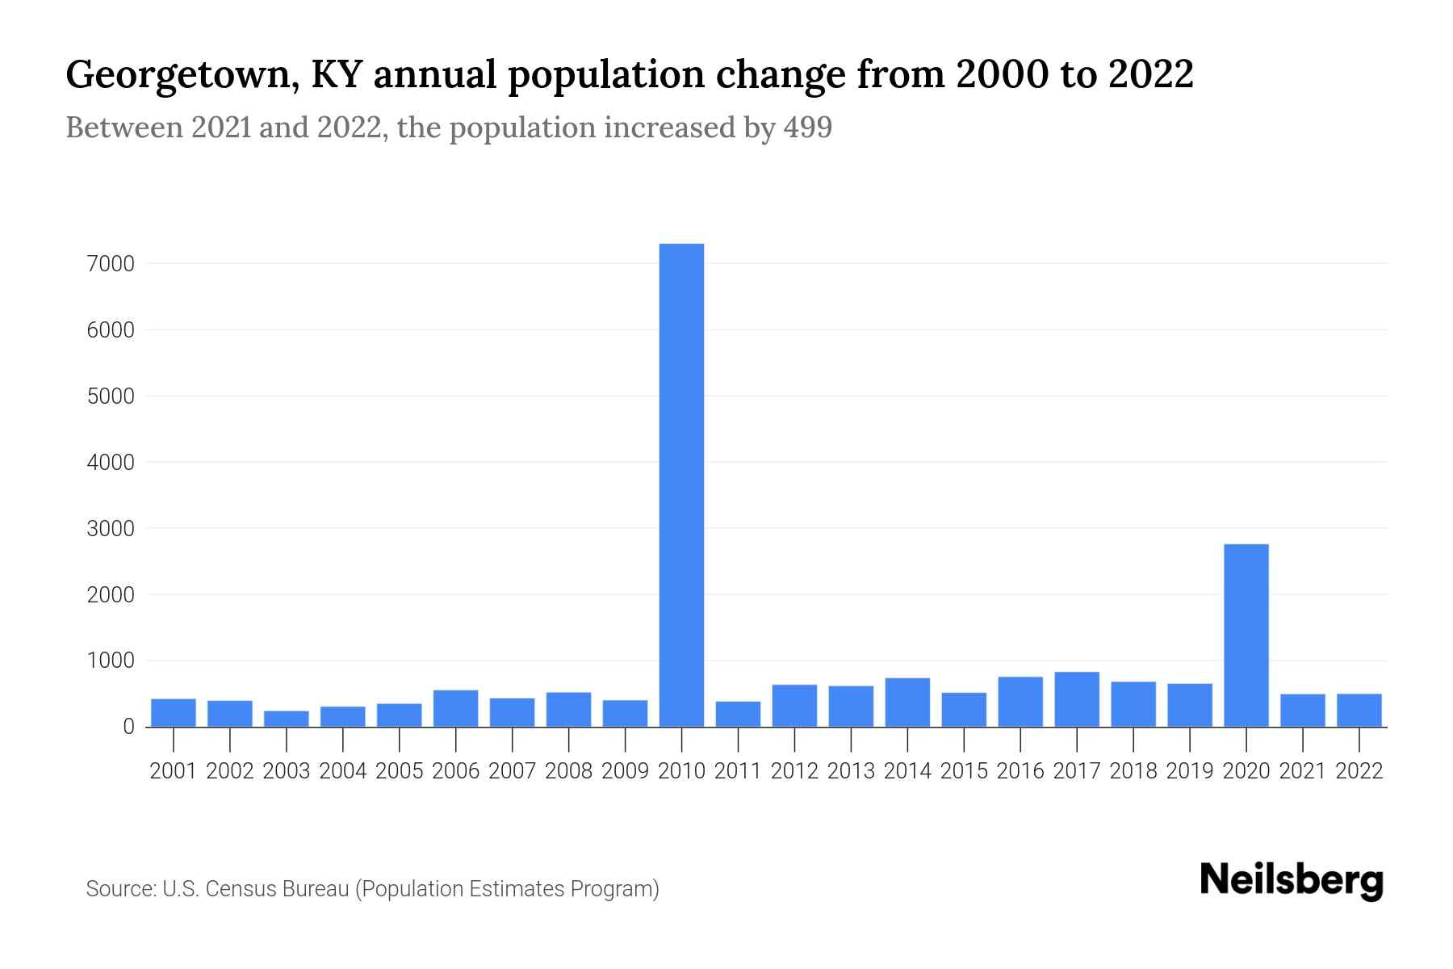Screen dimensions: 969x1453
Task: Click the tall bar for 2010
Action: click(681, 484)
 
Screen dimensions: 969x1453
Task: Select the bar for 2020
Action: click(1246, 636)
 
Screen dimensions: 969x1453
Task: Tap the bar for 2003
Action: click(287, 719)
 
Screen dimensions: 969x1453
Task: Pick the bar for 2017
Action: click(1076, 699)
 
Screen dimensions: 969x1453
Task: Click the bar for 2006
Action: click(455, 708)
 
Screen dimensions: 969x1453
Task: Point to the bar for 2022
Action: click(1359, 711)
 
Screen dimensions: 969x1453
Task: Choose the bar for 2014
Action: click(907, 702)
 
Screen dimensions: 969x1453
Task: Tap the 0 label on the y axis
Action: click(128, 727)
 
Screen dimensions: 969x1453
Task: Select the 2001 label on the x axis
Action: click(174, 771)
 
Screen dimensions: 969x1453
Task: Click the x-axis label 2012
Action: click(794, 771)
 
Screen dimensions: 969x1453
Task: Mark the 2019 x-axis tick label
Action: click(1190, 771)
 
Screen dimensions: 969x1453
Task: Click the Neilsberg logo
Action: click(1291, 881)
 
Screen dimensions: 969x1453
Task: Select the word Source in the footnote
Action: click(119, 889)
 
